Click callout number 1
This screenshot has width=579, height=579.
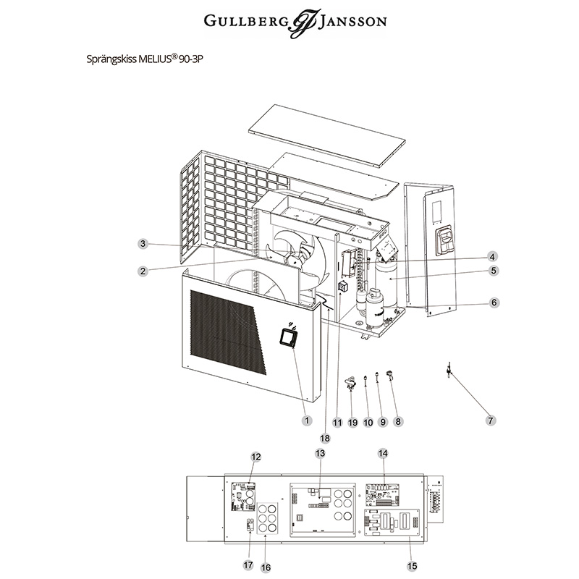(x=305, y=420)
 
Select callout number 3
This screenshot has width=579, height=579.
(x=143, y=244)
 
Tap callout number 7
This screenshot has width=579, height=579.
(x=491, y=420)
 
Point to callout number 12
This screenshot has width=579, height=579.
(x=255, y=457)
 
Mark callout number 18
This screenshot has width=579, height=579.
(x=324, y=438)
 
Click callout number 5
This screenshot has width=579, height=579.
(x=493, y=271)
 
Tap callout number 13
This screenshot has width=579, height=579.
(x=321, y=453)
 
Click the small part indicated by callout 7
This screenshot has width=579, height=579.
(x=449, y=369)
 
